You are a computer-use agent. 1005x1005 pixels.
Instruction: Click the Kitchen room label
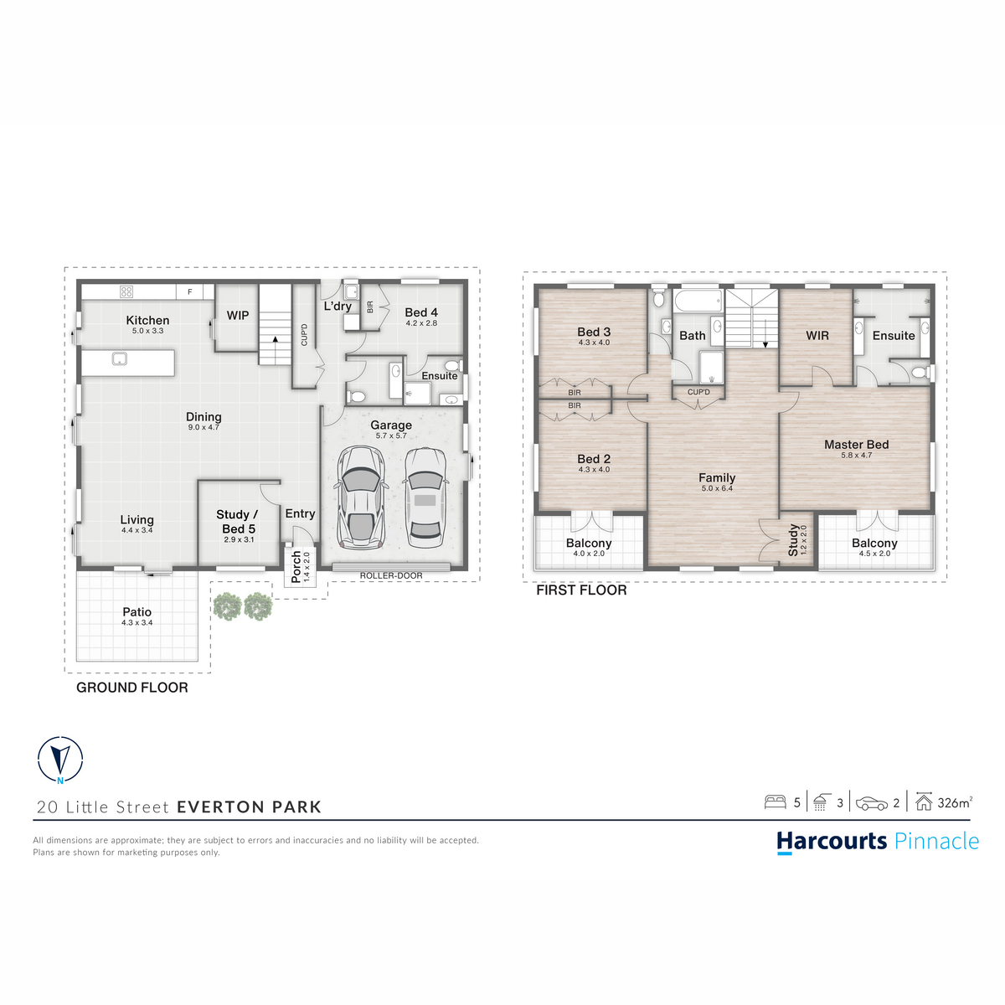tap(147, 320)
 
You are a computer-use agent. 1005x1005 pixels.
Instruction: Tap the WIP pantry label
tap(238, 315)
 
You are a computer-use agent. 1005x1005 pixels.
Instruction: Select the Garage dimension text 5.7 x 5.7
tap(391, 435)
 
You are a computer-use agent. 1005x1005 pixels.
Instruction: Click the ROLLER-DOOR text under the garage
tap(391, 575)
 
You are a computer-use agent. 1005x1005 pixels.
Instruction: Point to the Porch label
tap(296, 567)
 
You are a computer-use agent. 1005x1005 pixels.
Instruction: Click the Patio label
tap(137, 611)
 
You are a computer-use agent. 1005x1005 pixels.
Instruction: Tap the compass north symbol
tap(60, 760)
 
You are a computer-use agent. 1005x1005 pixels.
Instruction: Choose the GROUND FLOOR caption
tap(132, 688)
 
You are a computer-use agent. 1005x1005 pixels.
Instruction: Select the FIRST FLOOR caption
tap(581, 590)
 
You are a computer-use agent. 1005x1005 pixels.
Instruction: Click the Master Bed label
tap(857, 445)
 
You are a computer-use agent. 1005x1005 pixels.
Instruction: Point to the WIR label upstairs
tap(817, 335)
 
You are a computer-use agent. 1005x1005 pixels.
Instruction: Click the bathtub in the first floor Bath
tap(698, 301)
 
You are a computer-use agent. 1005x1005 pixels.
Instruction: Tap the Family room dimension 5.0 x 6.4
tap(717, 488)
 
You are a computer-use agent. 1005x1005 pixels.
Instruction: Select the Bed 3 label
tap(594, 332)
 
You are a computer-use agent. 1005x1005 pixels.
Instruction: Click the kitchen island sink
tap(120, 358)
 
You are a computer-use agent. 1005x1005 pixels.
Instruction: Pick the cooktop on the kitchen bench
tap(126, 291)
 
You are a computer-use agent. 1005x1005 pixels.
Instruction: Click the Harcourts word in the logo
tap(832, 841)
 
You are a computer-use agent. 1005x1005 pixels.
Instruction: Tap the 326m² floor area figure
tap(955, 802)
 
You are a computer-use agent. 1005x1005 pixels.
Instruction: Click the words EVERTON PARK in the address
tap(249, 807)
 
